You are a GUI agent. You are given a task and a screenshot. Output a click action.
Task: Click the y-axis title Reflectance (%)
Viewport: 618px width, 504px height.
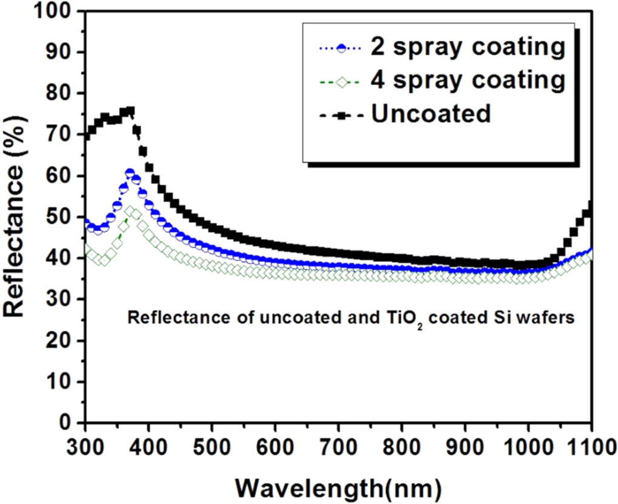[x=18, y=217]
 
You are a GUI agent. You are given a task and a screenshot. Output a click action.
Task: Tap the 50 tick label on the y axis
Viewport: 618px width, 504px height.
[x=63, y=217]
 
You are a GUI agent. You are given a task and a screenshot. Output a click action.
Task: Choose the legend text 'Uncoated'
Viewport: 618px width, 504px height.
[x=431, y=113]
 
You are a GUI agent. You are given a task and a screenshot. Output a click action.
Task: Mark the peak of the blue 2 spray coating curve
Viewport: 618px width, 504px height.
[x=130, y=173]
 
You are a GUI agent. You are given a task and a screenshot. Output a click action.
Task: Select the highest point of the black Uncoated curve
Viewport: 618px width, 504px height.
[x=130, y=111]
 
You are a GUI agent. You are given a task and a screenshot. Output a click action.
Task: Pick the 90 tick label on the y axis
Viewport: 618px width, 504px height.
[x=63, y=53]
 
